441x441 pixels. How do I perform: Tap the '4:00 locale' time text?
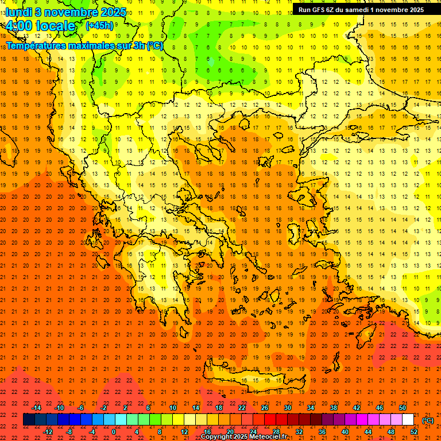tap(40, 26)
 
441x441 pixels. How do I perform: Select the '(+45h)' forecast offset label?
tap(99, 25)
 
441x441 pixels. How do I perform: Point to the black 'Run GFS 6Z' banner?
tap(361, 9)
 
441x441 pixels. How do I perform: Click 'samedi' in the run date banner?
tap(354, 9)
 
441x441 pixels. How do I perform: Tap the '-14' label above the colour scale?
tap(36, 408)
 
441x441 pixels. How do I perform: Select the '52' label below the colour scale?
tap(413, 432)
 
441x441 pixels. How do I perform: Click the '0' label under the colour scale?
tap(114, 432)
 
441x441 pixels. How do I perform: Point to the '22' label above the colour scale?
tap(242, 408)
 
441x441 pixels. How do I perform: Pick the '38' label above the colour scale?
tap(334, 408)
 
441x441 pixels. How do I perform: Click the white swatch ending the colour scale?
tap(408, 420)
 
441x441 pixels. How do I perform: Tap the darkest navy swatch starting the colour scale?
tap(29, 420)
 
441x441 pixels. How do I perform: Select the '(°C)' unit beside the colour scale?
tap(428, 420)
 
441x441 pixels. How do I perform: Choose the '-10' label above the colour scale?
tap(59, 408)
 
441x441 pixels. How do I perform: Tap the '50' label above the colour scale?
tap(403, 408)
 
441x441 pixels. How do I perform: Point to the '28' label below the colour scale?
tap(276, 432)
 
